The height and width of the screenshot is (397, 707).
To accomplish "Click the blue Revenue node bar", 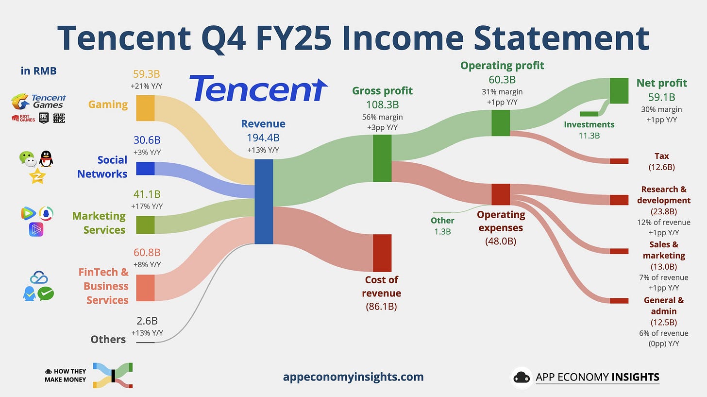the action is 264,201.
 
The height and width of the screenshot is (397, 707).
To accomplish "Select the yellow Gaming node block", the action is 145,108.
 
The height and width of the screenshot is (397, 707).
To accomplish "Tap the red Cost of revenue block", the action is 382,253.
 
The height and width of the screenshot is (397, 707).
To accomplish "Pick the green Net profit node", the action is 619,90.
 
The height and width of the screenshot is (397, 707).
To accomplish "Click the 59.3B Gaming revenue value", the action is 146,74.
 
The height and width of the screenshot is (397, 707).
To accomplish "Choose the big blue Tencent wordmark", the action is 258,89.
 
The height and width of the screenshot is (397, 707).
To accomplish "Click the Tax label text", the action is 661,156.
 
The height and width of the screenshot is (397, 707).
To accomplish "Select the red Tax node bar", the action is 619,161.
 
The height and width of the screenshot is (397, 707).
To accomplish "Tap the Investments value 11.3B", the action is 589,136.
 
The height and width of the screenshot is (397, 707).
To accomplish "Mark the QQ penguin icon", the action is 46,158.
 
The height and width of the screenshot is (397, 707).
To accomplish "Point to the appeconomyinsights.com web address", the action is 353,377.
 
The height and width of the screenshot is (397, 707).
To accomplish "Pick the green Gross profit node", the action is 382,158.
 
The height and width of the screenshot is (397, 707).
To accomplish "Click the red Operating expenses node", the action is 501,194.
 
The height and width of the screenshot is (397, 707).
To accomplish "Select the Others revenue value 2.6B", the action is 146,321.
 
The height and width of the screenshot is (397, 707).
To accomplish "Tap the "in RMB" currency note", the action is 38,71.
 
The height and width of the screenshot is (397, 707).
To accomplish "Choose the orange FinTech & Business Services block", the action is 145,288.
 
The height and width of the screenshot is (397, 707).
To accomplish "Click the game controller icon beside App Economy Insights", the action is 522,378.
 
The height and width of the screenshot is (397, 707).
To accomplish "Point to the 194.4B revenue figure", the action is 263,138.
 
